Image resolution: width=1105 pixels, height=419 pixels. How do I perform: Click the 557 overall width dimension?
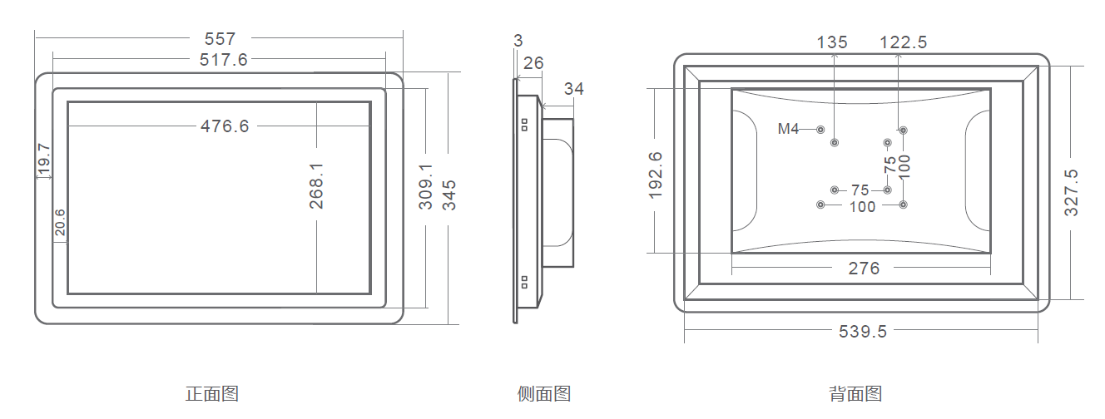pos(220,38)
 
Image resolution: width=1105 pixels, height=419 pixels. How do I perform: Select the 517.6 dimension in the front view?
pos(224,59)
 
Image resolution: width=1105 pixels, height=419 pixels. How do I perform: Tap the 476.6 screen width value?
pos(225,126)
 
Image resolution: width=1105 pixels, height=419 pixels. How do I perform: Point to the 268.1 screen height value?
pos(316,185)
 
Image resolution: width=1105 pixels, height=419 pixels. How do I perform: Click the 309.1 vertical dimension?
pos(426,186)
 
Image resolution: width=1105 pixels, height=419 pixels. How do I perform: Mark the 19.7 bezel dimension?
pos(44,160)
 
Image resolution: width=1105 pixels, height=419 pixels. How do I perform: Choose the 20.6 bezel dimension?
pos(60,223)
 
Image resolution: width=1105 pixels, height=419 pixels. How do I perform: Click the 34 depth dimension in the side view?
pos(573,89)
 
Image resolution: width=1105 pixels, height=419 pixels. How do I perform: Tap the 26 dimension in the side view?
pos(533,63)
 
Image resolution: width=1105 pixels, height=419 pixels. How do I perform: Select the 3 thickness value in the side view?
pos(518,40)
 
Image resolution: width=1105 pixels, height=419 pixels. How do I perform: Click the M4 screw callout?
pos(788,129)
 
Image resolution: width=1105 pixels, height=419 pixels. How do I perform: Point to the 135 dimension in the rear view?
pos(832,42)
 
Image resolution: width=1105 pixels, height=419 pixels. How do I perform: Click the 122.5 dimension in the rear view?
pos(904,42)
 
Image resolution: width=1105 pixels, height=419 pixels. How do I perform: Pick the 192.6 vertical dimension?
pos(655,175)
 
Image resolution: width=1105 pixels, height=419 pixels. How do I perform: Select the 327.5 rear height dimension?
pos(1072,193)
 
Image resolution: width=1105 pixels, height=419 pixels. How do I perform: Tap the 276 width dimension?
pos(864,268)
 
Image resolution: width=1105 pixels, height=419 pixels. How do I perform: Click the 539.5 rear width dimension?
pos(863,331)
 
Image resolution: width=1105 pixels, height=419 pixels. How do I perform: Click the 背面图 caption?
pos(855,394)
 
